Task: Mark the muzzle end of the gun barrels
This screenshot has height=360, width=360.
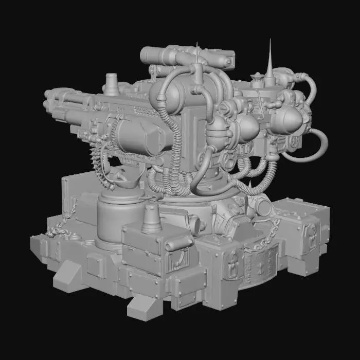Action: tap(49, 100)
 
